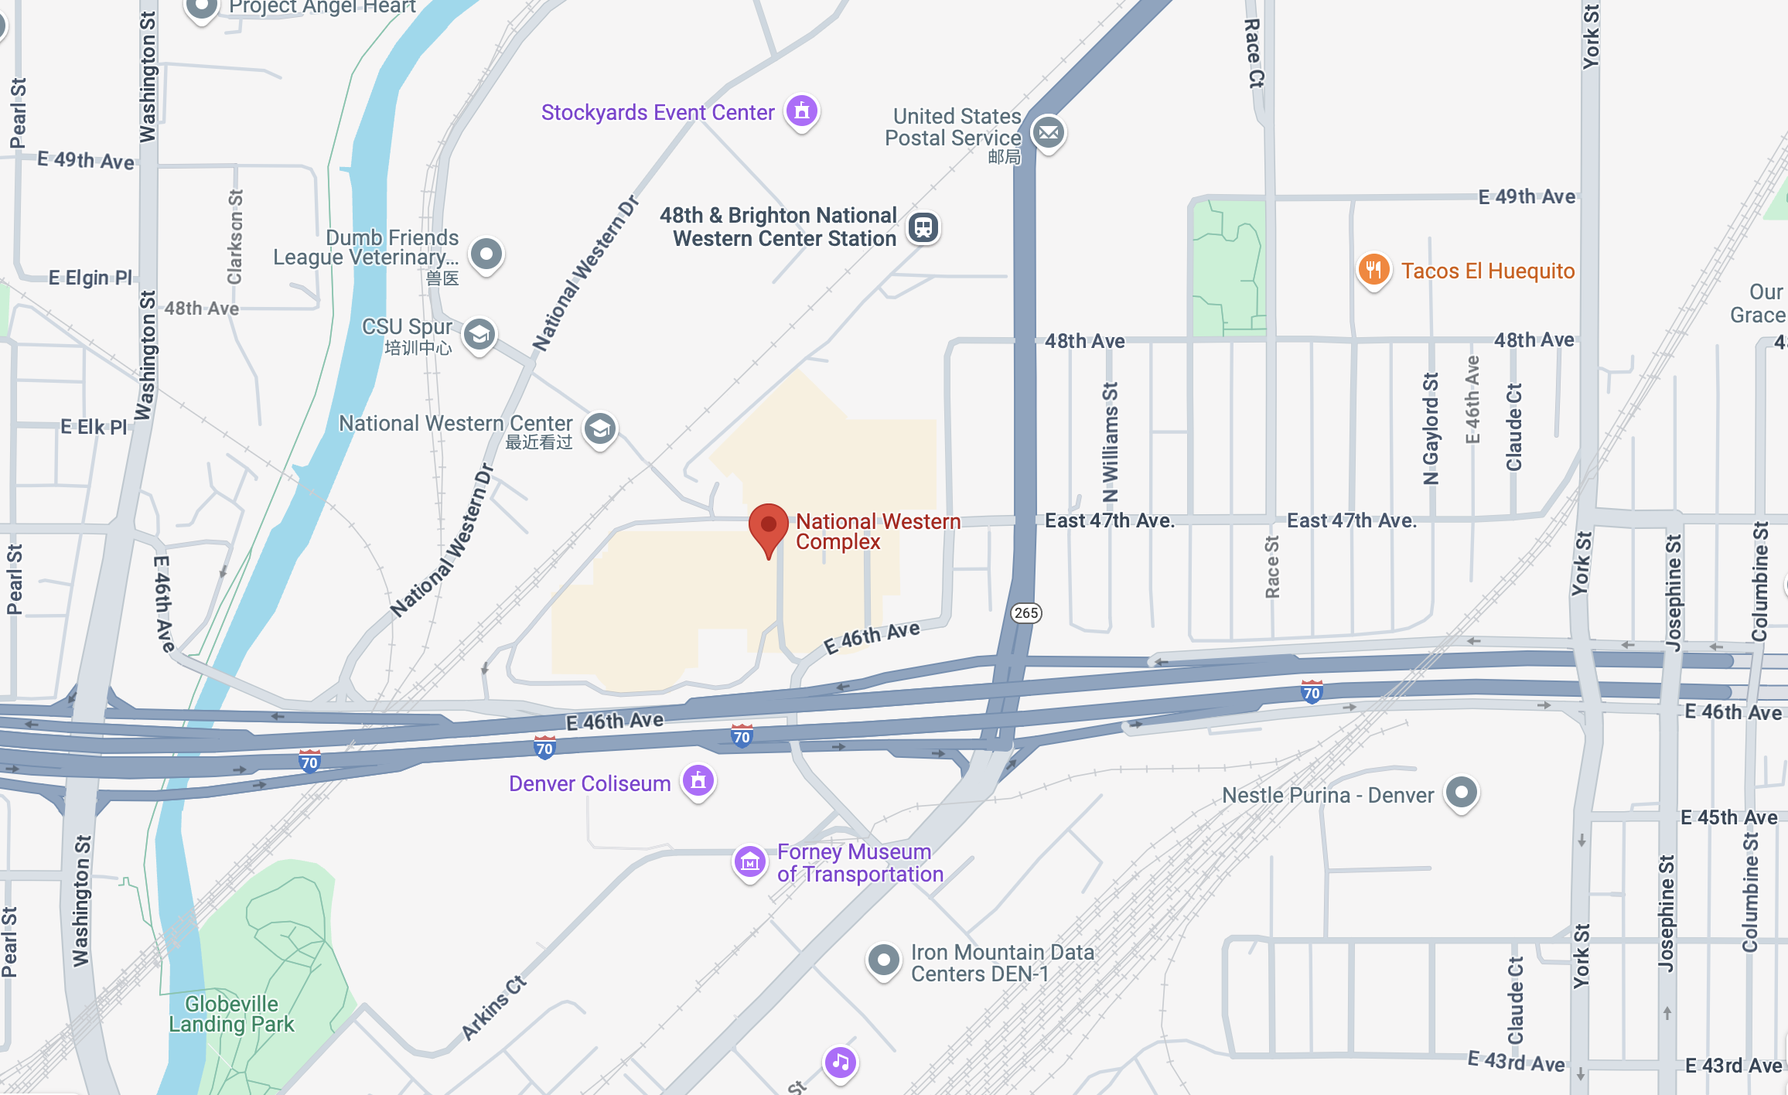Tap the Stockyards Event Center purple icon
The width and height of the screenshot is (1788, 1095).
802,111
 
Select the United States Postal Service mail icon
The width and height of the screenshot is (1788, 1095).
1049,133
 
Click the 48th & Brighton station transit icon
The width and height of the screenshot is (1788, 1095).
923,227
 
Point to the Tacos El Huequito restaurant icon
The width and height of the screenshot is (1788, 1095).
1373,270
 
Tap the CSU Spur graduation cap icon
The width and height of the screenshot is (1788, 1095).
479,335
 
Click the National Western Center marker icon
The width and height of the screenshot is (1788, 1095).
600,428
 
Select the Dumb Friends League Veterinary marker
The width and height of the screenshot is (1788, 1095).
486,254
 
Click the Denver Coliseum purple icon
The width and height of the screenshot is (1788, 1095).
698,781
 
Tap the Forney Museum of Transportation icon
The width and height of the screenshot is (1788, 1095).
749,861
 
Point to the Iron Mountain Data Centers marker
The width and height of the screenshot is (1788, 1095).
883,960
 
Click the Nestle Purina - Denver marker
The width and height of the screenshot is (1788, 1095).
1462,793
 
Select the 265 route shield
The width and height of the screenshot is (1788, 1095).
1026,613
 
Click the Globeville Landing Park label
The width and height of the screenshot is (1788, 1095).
231,1014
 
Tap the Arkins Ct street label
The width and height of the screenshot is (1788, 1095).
494,1008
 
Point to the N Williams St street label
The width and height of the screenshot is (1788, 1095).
1110,442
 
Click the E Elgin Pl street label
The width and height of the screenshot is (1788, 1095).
90,278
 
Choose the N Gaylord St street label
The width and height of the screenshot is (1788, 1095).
1431,428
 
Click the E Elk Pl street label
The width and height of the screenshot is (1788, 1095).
94,427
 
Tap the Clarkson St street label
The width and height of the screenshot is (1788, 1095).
235,237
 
